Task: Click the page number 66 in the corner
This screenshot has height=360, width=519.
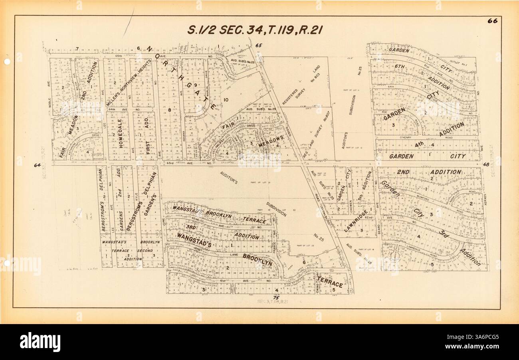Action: tap(492, 21)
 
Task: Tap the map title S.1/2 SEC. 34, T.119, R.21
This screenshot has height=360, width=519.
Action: tap(255, 30)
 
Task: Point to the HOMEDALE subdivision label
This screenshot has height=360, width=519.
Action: tap(121, 138)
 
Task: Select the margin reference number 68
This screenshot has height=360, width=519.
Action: tap(486, 164)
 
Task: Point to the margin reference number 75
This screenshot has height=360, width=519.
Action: tap(275, 298)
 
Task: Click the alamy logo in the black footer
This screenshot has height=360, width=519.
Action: tap(40, 342)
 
